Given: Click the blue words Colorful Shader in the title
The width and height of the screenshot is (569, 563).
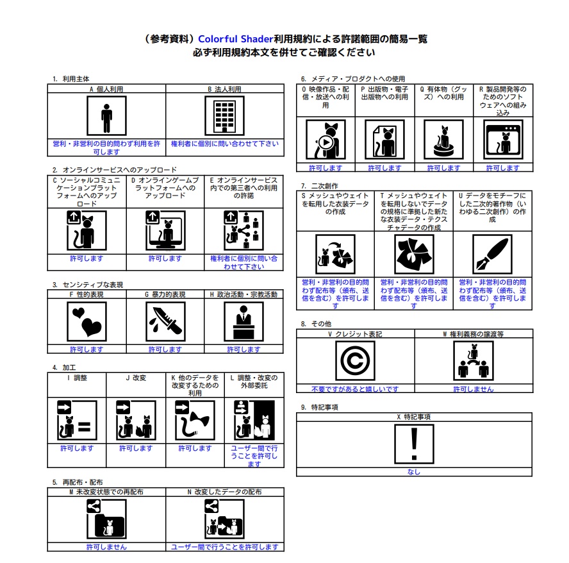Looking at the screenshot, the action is coord(236,39).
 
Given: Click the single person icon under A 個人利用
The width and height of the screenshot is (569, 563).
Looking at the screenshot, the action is coord(106,116).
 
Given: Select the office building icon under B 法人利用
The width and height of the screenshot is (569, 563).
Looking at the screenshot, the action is coord(225,116).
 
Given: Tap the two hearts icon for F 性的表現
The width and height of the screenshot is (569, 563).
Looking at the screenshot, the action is coord(87,322).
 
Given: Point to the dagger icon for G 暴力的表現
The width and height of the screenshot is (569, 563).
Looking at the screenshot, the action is coord(165,322).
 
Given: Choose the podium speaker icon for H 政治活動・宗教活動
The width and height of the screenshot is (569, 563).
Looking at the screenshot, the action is coord(243,322).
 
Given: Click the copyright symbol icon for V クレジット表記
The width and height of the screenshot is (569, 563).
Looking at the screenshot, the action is coord(355,360).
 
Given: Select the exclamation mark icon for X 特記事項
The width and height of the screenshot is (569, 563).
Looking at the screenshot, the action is coord(414,444).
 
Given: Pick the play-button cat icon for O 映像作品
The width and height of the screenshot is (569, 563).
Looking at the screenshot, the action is coord(326,140).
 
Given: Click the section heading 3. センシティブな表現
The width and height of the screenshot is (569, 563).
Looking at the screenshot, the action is coord(88,285).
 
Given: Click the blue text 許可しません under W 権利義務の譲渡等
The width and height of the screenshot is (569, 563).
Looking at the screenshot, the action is coord(474,389).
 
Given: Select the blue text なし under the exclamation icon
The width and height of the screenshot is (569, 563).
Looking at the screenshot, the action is coord(414,472).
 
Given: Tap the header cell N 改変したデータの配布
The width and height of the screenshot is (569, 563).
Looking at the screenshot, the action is coord(225,492).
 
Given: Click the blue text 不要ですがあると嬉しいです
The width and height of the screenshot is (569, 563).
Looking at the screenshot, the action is coord(355,389).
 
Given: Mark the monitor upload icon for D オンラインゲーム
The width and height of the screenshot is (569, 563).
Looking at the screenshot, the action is coord(165,231).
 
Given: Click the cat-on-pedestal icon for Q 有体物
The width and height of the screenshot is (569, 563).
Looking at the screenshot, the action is coord(444,140).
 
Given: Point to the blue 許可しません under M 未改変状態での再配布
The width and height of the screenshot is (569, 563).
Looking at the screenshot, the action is coord(106,547).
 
